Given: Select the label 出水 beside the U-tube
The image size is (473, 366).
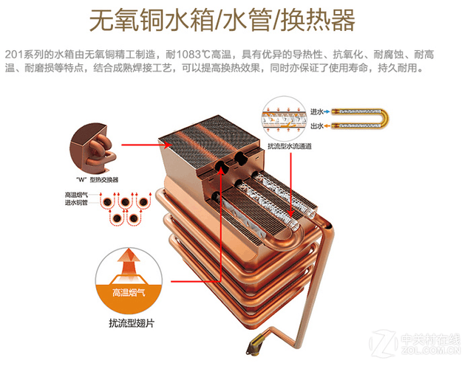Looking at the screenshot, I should (x=318, y=126).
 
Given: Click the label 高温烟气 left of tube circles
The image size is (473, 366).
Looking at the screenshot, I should (x=76, y=195).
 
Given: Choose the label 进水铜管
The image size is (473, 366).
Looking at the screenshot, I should (x=76, y=203).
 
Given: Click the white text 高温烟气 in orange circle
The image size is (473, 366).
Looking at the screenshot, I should (x=129, y=292).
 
